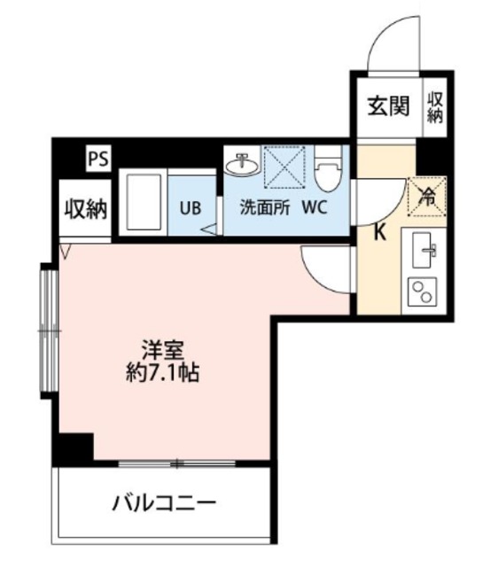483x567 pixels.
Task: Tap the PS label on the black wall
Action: [98, 159]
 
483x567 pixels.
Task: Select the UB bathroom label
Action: [191, 209]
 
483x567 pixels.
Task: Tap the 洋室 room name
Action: [162, 349]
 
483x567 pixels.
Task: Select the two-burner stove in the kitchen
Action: [421, 291]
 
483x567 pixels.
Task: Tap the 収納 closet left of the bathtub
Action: [84, 209]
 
